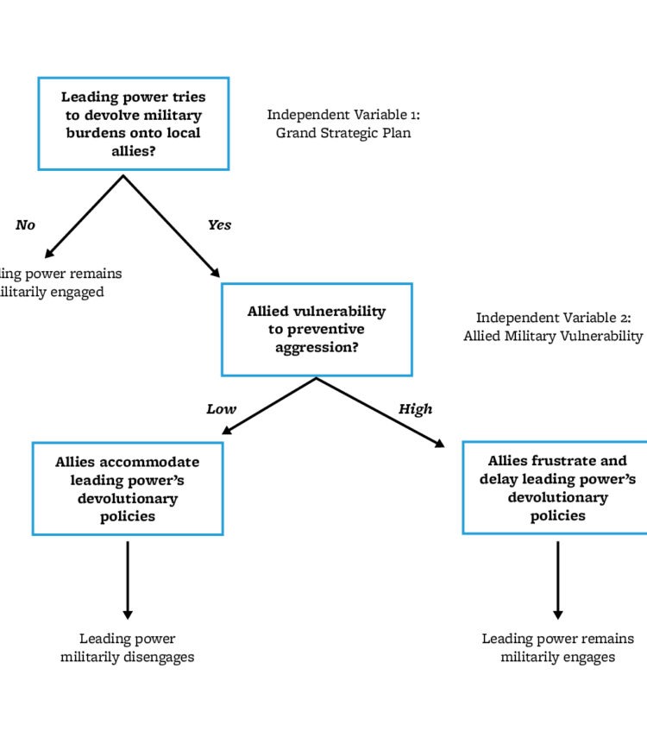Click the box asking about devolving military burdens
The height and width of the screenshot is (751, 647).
point(133,123)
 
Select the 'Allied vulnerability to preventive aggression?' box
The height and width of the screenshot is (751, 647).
point(317,329)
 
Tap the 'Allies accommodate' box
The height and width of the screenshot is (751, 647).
point(128,489)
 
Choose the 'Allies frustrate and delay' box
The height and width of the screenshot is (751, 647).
point(556,488)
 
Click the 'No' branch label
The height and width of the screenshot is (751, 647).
point(25,225)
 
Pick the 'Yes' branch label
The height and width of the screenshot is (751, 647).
point(219,225)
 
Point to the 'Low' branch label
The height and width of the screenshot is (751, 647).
point(221,409)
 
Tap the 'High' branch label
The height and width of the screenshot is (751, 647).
point(415,409)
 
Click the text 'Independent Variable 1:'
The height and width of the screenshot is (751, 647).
point(343,115)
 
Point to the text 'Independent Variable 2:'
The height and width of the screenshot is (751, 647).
point(553,318)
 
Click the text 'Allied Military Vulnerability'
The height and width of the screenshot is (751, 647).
point(553,336)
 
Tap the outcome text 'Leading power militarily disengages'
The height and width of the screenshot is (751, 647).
point(128,648)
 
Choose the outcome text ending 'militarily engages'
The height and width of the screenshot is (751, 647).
point(557,648)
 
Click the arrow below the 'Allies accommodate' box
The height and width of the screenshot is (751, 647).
point(128,578)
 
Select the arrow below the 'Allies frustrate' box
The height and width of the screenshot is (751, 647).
point(557,578)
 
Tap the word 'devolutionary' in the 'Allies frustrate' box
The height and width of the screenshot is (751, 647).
point(557,497)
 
